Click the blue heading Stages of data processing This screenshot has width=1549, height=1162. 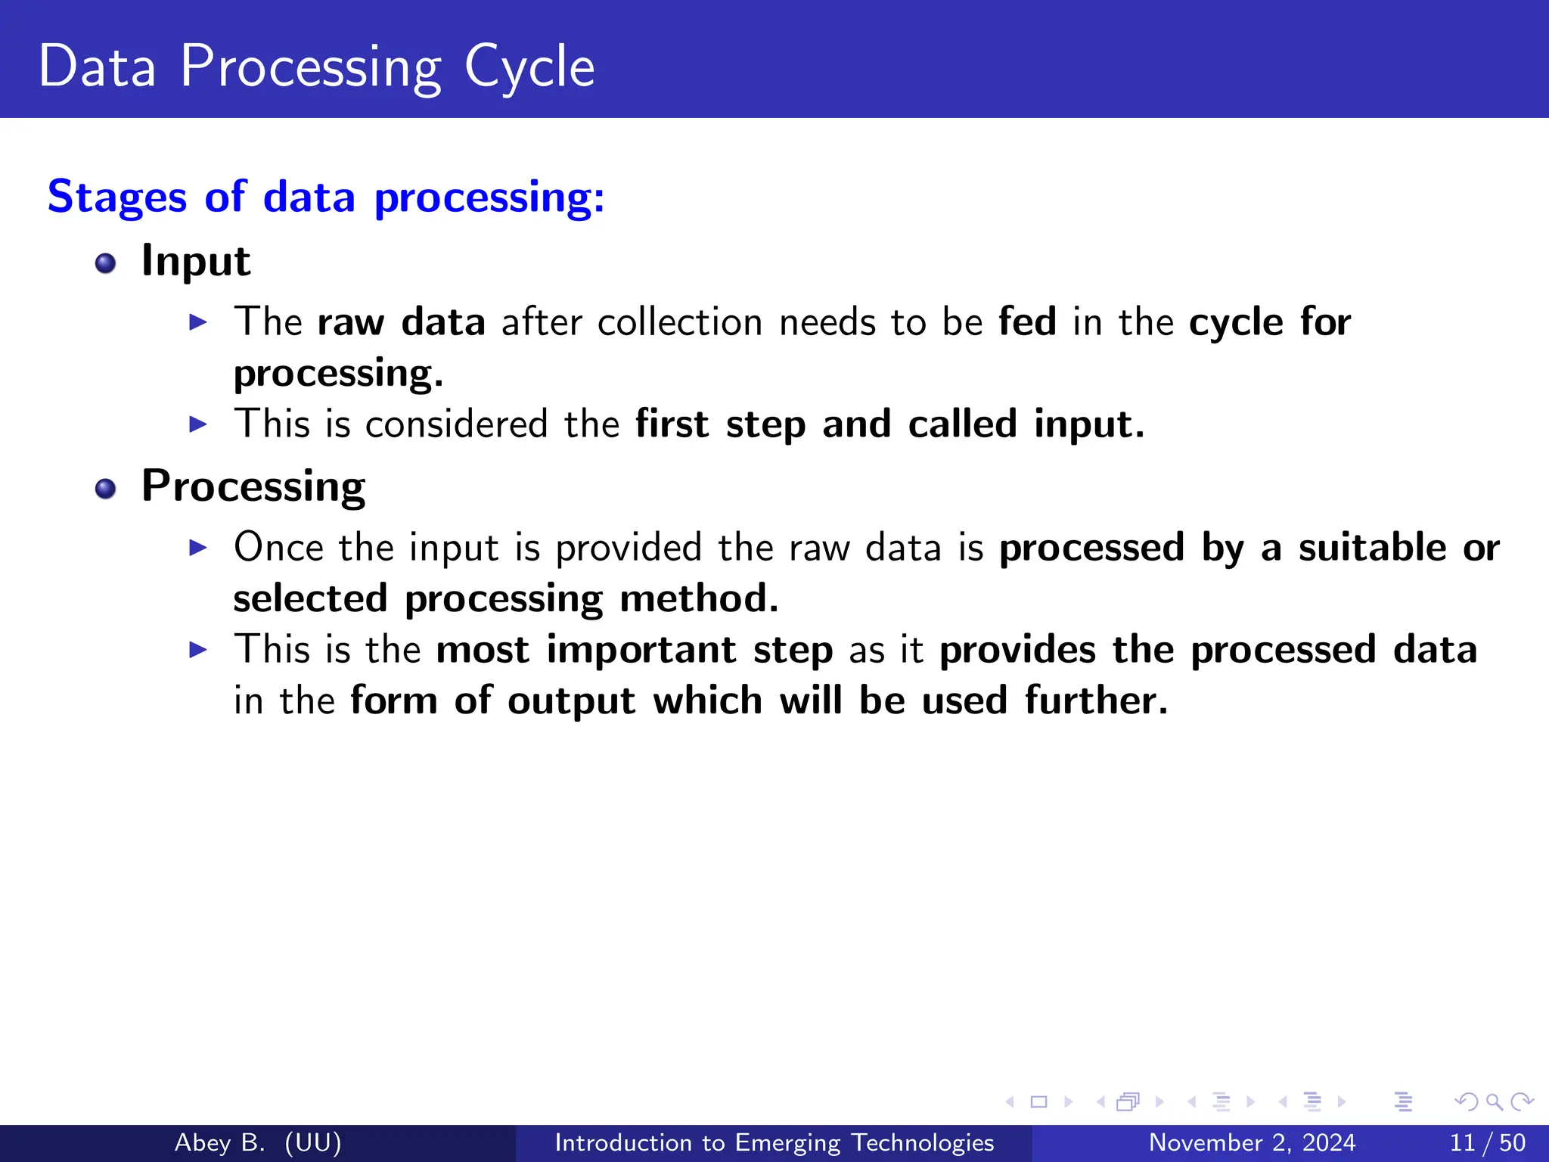click(x=326, y=197)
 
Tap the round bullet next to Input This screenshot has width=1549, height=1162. click(x=106, y=263)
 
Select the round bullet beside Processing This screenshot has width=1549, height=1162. click(x=106, y=489)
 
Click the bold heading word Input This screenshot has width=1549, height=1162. click(x=195, y=262)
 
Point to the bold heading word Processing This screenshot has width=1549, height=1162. click(x=253, y=486)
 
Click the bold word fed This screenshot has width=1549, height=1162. click(x=1027, y=322)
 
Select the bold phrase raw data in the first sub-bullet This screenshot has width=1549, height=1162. click(x=401, y=323)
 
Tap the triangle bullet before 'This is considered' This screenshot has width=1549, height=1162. click(x=198, y=424)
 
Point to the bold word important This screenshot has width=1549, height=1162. click(x=641, y=650)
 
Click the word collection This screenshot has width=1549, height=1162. click(x=680, y=323)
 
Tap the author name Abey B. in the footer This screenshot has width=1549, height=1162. click(x=219, y=1142)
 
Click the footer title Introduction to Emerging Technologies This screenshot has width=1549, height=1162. click(x=774, y=1142)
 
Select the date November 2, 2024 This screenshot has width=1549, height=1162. click(x=1252, y=1142)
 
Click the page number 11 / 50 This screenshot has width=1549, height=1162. click(x=1487, y=1142)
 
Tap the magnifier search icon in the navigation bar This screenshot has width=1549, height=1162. click(x=1494, y=1101)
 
